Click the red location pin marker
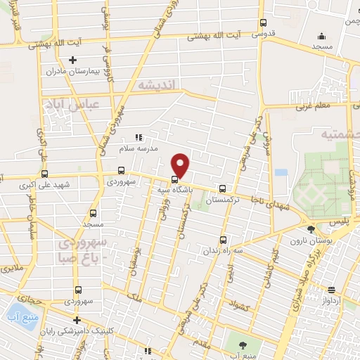point(181,165)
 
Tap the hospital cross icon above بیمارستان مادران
point(72,60)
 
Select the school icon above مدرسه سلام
point(139,137)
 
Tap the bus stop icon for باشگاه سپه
point(174,179)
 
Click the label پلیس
point(340,221)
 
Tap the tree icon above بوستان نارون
point(311,229)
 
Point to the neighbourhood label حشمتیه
point(340,134)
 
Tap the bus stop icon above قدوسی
point(263,22)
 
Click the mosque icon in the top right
point(322,36)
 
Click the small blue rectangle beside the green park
point(281,172)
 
